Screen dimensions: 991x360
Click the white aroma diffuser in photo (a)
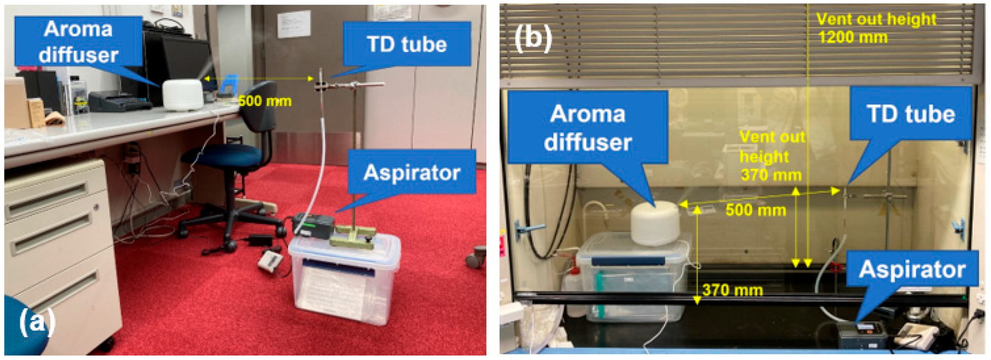pyautogui.click(x=182, y=95)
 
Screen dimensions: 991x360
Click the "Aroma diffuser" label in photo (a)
pyautogui.click(x=78, y=41)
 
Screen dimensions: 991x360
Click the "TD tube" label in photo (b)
pyautogui.click(x=911, y=114)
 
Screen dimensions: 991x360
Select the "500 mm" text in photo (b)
pyautogui.click(x=756, y=210)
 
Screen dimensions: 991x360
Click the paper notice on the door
pyautogui.click(x=294, y=24)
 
